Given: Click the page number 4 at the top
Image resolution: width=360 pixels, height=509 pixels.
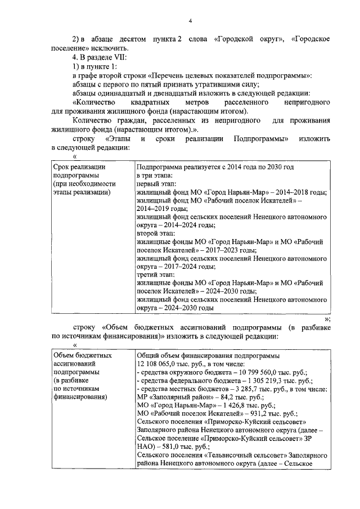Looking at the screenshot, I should click(191, 21).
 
